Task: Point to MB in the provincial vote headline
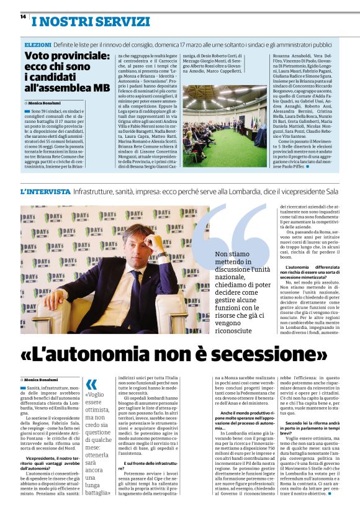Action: click(101, 87)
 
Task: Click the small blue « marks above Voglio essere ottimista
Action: click(91, 384)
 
